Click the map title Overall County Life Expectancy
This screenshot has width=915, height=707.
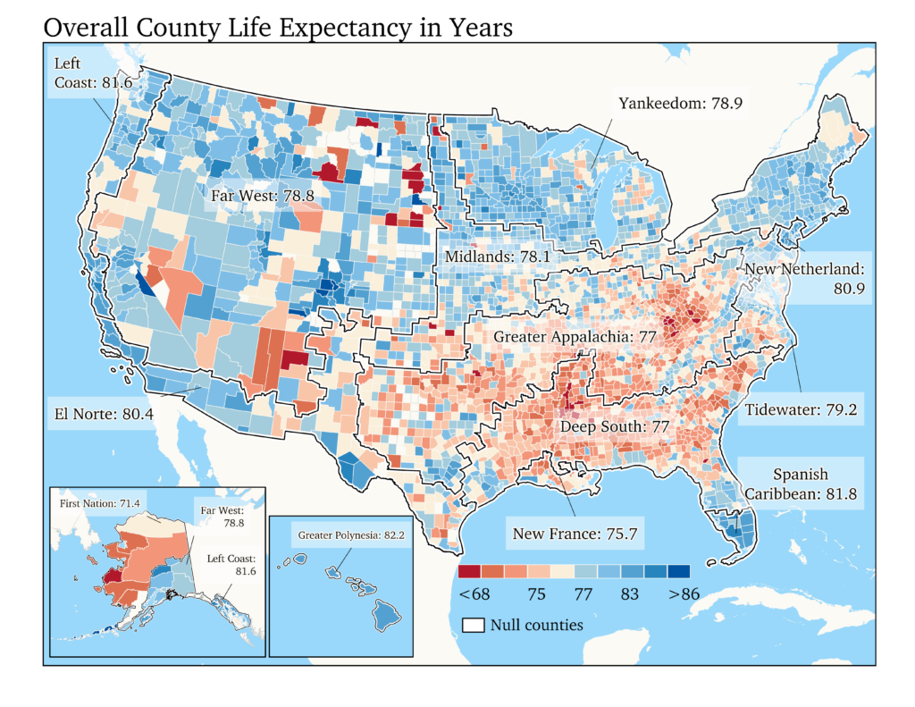click(277, 27)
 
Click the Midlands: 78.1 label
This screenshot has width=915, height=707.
click(496, 257)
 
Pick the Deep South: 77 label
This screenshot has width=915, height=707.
click(614, 427)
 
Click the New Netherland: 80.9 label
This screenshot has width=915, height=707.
click(802, 278)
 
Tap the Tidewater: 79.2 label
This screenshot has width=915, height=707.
click(801, 411)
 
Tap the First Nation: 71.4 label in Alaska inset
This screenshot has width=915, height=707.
click(102, 504)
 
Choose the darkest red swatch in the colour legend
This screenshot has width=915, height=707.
click(469, 571)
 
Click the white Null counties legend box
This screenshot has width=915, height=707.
click(472, 624)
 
